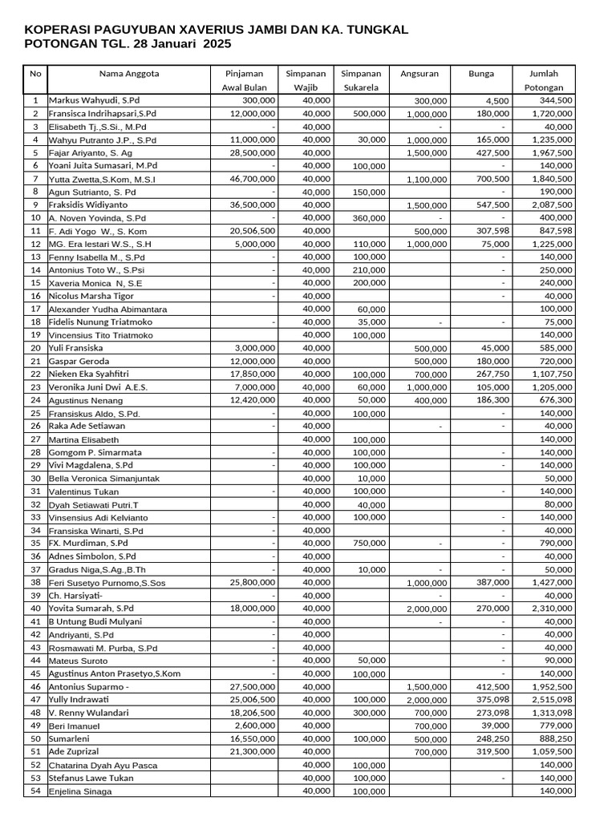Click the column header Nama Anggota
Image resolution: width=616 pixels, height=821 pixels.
tap(128, 74)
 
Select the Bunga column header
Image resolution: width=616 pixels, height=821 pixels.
tap(481, 74)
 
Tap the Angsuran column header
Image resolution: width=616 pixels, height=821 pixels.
tap(419, 74)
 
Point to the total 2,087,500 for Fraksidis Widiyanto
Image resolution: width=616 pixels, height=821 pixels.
tap(553, 205)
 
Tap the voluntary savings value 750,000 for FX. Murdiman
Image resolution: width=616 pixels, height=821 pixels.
tap(369, 544)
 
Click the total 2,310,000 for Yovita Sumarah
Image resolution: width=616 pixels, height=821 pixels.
tap(553, 609)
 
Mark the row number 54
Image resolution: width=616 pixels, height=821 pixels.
tap(35, 791)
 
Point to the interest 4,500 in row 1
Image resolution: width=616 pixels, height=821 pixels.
tap(496, 101)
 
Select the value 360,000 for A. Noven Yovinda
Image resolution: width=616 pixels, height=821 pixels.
tap(369, 218)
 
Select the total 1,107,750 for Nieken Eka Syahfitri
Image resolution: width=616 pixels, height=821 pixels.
tap(553, 374)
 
